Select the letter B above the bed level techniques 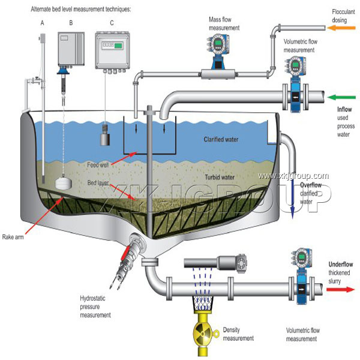click(71, 23)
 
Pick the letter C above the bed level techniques click(112, 23)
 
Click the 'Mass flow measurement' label click(225, 23)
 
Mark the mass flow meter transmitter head click(218, 47)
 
